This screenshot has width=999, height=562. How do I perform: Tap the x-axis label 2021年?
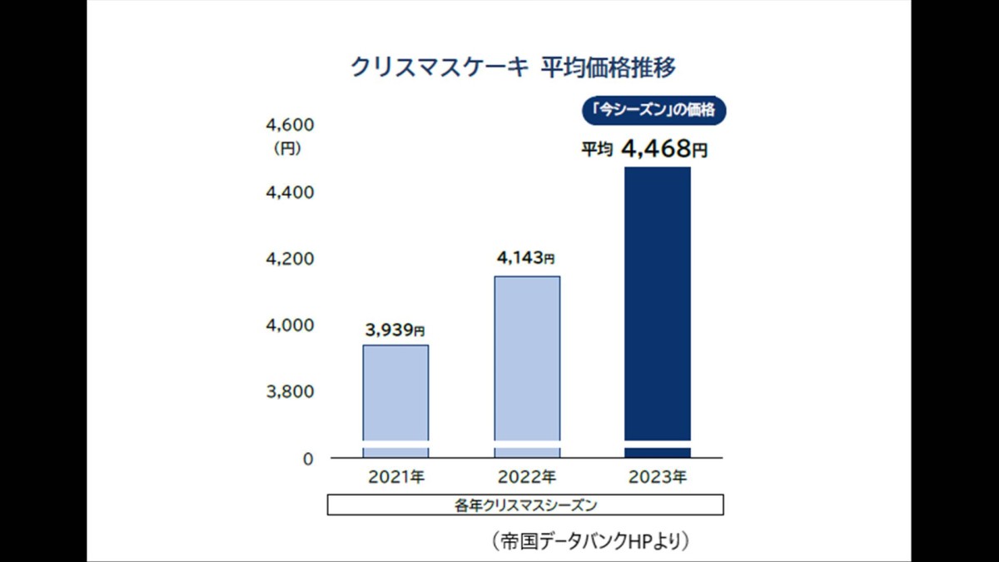396,478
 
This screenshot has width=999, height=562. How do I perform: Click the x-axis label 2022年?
527,478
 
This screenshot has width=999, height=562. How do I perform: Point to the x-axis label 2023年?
658,478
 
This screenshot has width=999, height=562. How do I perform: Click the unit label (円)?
287,151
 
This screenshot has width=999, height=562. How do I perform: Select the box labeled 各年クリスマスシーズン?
525,505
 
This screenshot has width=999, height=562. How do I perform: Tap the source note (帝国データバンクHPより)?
591,541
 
